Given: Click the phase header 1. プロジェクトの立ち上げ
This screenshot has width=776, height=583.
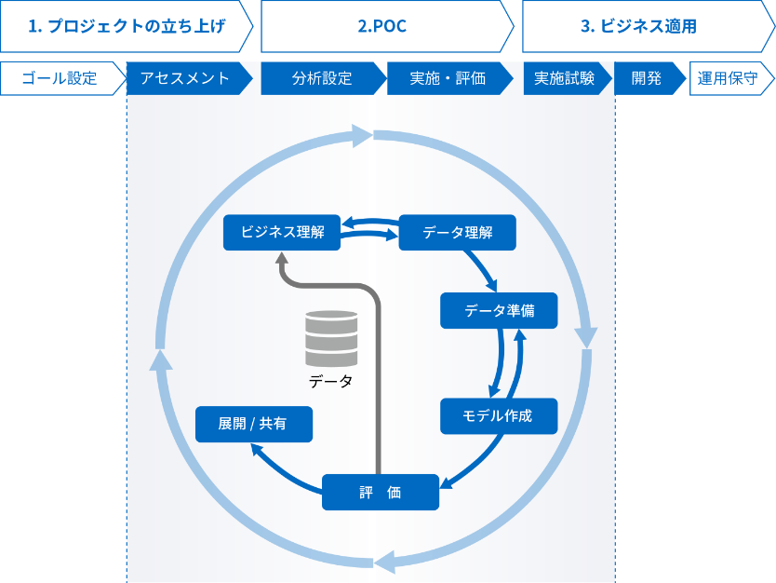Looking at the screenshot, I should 127,27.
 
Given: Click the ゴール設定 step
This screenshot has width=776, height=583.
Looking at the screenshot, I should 60,78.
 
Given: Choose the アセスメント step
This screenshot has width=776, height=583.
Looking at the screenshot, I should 186,78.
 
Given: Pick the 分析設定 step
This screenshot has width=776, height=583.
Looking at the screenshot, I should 322,78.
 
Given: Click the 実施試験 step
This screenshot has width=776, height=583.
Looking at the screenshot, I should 565,78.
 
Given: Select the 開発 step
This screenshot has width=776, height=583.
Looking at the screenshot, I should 647,78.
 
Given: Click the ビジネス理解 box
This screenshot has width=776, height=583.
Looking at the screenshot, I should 282,232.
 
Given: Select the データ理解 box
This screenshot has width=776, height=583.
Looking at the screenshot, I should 458,232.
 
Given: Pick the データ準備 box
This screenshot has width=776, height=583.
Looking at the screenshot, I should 499,310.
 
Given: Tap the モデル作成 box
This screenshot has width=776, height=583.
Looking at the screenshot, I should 499,415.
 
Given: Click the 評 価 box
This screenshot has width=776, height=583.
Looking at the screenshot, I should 381,492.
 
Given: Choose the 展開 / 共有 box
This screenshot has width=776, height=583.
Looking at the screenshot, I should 253,423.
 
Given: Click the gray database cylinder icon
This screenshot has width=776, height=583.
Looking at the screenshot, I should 331,338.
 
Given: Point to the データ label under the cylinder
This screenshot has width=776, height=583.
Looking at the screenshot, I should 331,382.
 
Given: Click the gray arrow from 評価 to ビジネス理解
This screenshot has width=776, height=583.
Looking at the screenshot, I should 379,373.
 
